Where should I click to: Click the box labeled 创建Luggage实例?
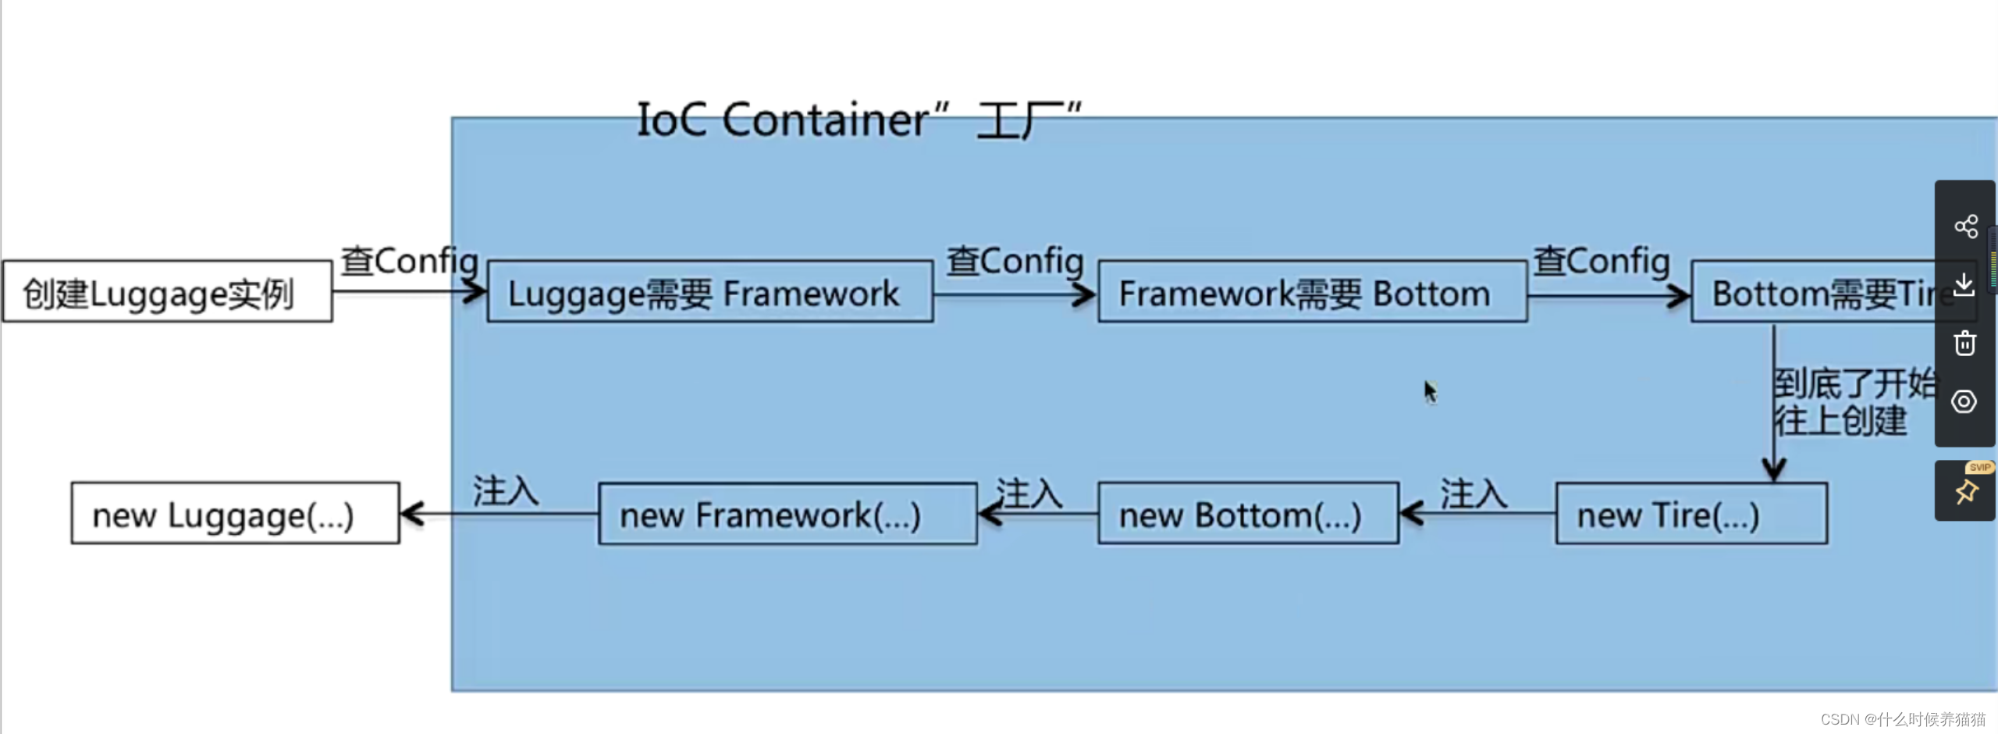pos(167,292)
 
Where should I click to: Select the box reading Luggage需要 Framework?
pos(709,292)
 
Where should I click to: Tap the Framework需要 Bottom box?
pos(1312,292)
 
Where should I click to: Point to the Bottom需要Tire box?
pos(1818,292)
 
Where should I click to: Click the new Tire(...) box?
pos(1690,514)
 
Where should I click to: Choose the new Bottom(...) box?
pos(1247,514)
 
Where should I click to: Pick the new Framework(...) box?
pos(787,514)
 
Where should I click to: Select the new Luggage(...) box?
pos(235,514)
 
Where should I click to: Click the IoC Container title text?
pos(859,120)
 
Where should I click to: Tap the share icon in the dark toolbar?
pos(1965,226)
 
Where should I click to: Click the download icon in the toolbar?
pos(1964,284)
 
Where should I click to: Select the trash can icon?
pos(1964,344)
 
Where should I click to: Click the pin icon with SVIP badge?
pos(1965,492)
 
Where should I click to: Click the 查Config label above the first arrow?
pos(409,261)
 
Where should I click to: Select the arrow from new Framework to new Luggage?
pos(499,514)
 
